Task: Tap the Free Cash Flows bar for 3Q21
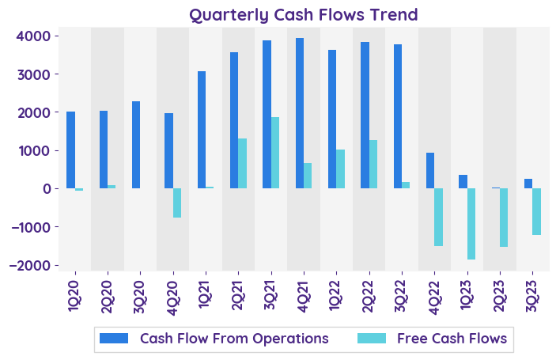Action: click(275, 153)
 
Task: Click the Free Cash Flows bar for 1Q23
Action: click(471, 224)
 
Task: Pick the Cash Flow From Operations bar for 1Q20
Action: click(70, 150)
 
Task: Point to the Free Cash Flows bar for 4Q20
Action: click(177, 203)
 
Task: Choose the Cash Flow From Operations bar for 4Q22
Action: click(430, 171)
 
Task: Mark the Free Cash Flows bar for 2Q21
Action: click(243, 164)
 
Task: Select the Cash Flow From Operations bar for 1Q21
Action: click(202, 130)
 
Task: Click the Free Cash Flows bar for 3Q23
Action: click(537, 211)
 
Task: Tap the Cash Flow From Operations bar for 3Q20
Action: click(136, 145)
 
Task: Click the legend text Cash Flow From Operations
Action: click(234, 339)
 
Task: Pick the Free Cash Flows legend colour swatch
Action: click(372, 339)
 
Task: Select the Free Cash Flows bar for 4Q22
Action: click(439, 217)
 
